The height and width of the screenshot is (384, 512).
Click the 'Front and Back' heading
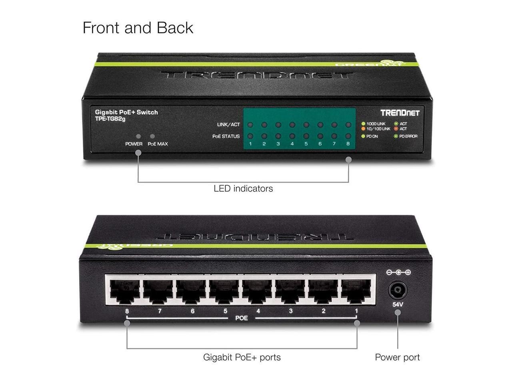click(x=138, y=28)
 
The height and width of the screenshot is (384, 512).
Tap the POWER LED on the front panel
click(x=138, y=136)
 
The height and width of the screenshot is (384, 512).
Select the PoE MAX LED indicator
click(x=152, y=136)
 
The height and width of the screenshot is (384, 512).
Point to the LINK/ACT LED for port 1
click(x=250, y=125)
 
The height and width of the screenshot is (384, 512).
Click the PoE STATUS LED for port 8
click(x=348, y=136)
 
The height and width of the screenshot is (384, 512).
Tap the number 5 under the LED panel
click(x=306, y=144)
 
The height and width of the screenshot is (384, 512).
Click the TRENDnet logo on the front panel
click(x=400, y=113)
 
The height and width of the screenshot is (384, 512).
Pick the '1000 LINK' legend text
click(x=376, y=124)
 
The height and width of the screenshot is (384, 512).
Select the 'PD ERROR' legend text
click(x=408, y=136)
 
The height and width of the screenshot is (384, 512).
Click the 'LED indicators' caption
click(x=243, y=188)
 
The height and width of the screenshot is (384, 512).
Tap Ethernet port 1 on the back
click(x=356, y=291)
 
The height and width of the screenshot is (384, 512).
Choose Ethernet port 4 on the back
click(x=257, y=291)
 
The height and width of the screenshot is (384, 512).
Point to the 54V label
click(x=398, y=304)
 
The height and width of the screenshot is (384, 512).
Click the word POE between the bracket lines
click(x=242, y=318)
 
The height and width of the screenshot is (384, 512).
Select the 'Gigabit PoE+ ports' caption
click(x=242, y=357)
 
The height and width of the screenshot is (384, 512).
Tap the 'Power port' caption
click(x=397, y=357)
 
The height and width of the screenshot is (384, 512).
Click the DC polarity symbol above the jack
click(x=398, y=272)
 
